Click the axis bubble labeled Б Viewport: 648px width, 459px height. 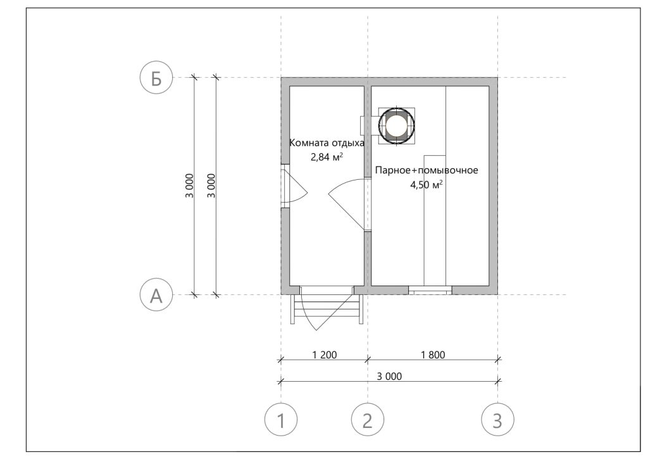coord(156,78)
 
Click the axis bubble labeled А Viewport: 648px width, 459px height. coord(156,295)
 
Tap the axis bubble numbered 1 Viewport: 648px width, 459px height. coord(281,420)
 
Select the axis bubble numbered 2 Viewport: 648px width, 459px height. coord(368,420)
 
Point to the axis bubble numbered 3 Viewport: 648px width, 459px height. coord(497,420)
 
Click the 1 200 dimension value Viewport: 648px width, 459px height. coord(325,355)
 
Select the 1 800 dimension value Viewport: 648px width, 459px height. coord(433,355)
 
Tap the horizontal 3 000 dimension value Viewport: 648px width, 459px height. coord(389,376)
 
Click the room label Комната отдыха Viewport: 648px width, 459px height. coord(327,143)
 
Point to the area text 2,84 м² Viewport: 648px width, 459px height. coord(327,157)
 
